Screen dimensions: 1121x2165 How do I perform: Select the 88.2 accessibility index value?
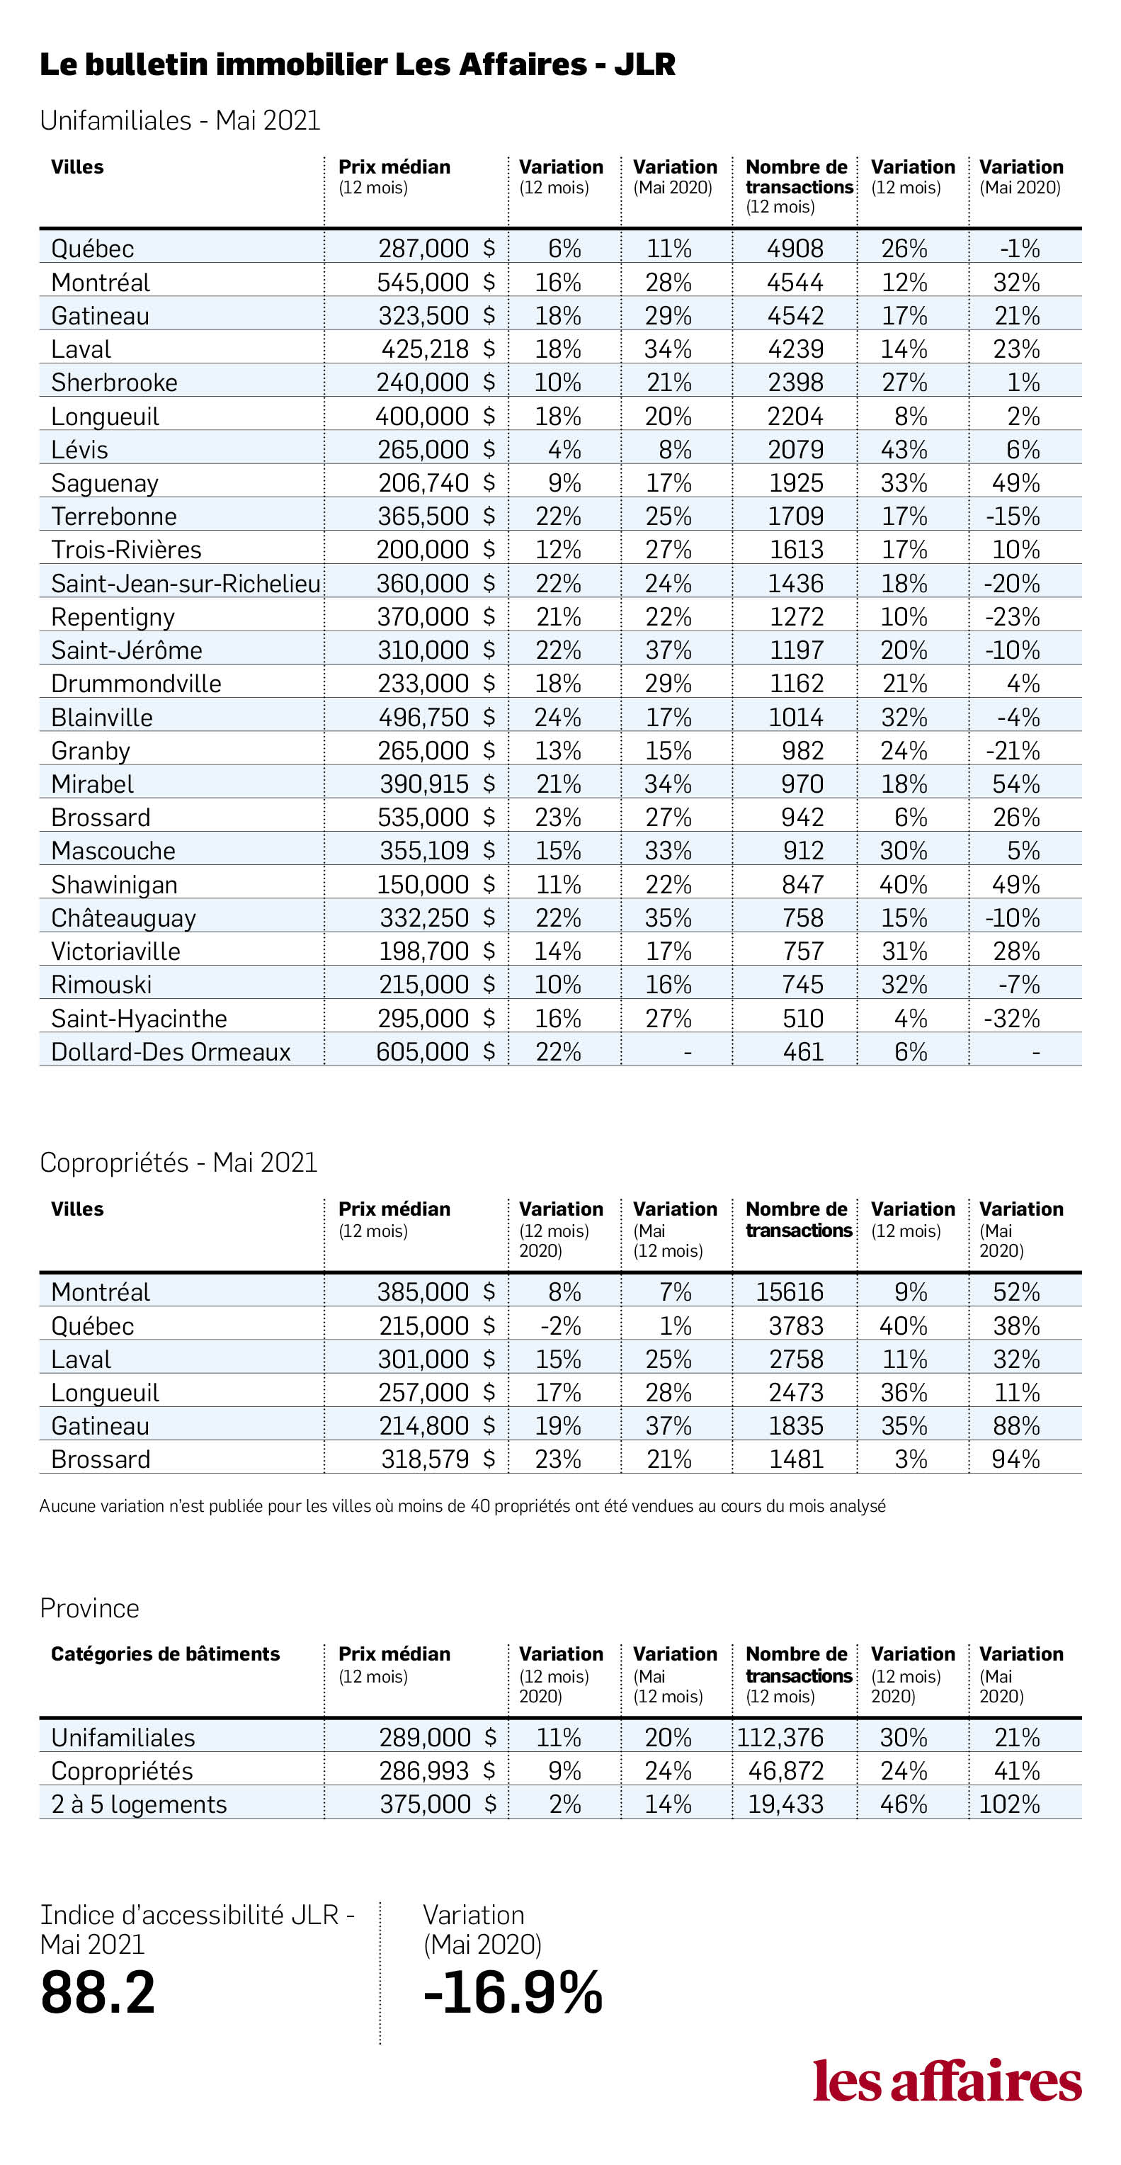(98, 1992)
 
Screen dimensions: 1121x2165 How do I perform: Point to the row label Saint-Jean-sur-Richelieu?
(186, 583)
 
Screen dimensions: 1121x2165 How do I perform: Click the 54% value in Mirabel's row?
(1016, 784)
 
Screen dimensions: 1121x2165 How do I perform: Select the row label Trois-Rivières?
(126, 550)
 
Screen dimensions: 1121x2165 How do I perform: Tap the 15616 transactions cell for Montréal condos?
(789, 1291)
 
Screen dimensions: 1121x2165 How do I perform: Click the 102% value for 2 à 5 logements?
(1009, 1804)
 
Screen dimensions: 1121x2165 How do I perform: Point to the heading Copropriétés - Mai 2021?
(178, 1163)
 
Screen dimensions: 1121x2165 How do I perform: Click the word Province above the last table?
(90, 1607)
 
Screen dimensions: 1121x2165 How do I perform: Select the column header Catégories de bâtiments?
(166, 1654)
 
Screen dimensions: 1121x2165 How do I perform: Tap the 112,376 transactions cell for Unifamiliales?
(780, 1737)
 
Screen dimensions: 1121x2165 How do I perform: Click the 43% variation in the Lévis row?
(904, 450)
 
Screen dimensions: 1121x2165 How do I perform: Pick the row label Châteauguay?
(123, 917)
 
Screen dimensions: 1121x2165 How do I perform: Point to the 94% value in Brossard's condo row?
(1016, 1459)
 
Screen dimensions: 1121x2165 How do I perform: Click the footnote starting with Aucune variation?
(462, 1506)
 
